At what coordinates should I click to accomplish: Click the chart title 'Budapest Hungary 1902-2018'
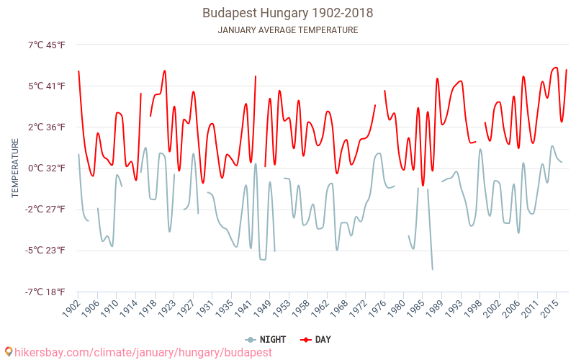click(287, 13)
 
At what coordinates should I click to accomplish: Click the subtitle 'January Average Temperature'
click(287, 30)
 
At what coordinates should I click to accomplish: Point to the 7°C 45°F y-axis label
click(46, 45)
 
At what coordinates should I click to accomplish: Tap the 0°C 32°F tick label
click(46, 168)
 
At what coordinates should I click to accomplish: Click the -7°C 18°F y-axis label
click(46, 292)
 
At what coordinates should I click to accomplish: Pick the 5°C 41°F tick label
click(46, 86)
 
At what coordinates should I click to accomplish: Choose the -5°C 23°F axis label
click(46, 251)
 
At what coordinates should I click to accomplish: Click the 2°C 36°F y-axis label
click(46, 127)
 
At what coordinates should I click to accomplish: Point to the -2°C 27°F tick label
click(46, 210)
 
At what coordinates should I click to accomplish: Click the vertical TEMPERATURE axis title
click(15, 168)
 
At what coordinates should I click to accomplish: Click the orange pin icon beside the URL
click(8, 351)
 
